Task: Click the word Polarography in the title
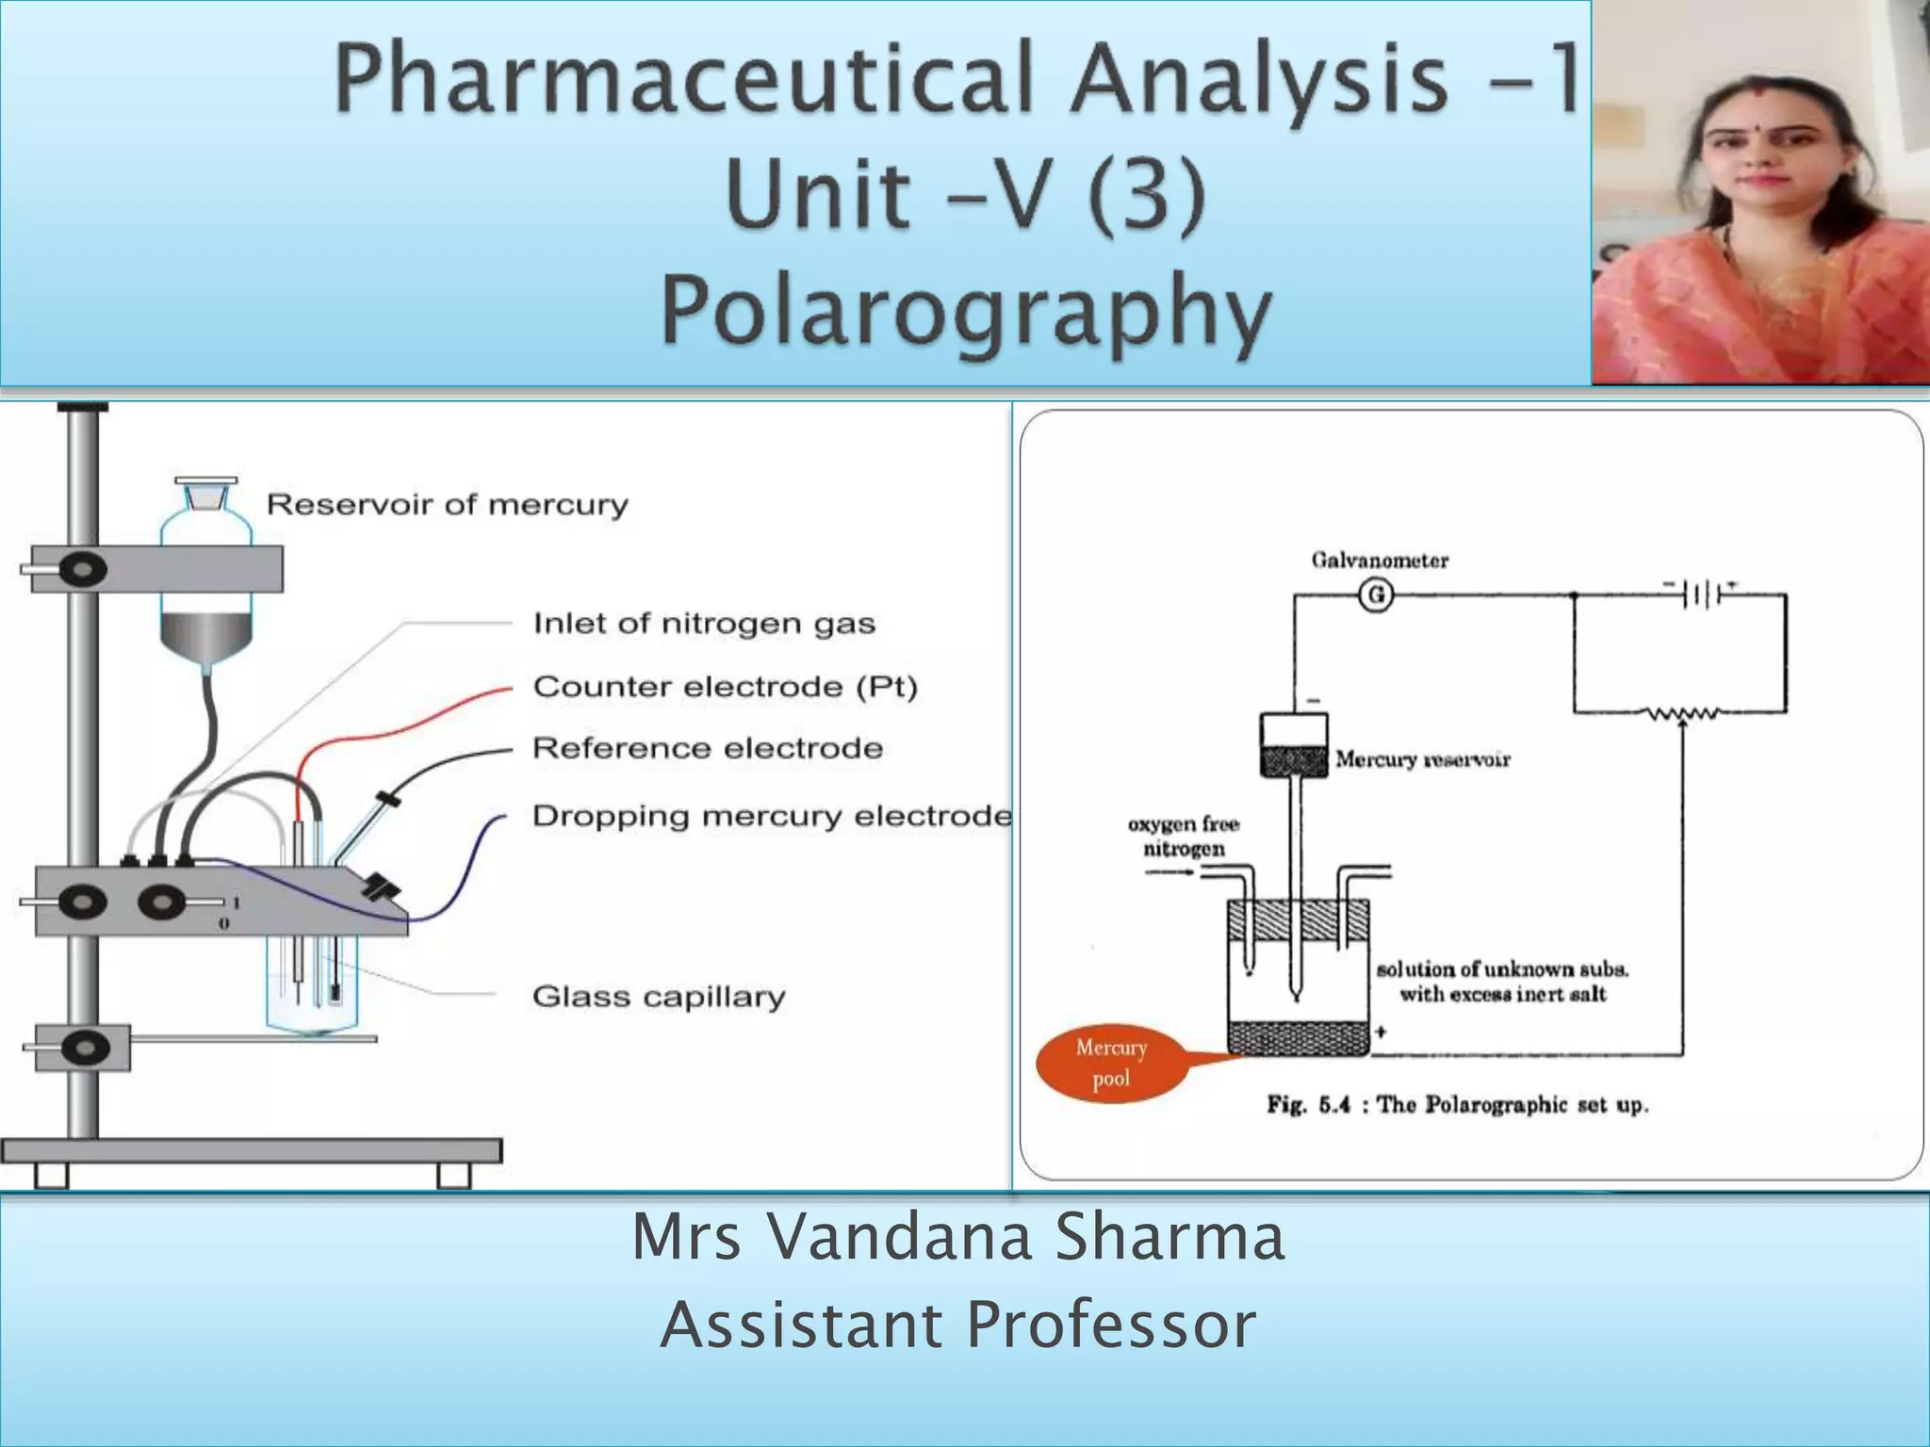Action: click(x=967, y=311)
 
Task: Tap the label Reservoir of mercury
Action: click(x=447, y=505)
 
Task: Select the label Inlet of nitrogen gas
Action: click(x=704, y=624)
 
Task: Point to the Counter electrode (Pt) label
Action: click(x=725, y=687)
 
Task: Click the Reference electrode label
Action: click(x=708, y=749)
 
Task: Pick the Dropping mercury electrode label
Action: click(x=771, y=816)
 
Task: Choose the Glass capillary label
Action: click(x=658, y=997)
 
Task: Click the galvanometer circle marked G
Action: click(x=1376, y=595)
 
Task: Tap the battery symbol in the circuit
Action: click(x=1702, y=594)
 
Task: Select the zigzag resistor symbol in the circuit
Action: click(x=1683, y=714)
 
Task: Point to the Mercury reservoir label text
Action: click(x=1422, y=759)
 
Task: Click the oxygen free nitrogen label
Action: click(x=1184, y=837)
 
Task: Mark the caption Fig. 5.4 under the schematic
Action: click(x=1457, y=1105)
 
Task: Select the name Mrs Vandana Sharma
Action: click(x=958, y=1237)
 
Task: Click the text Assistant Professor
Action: click(x=958, y=1325)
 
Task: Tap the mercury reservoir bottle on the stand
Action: click(x=206, y=584)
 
